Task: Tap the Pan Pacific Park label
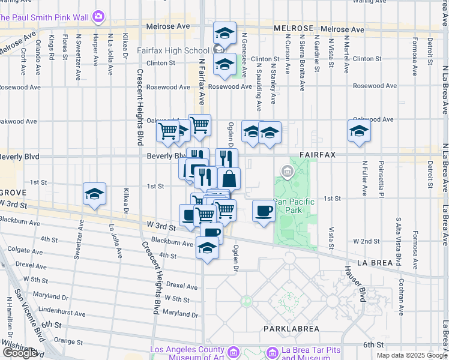(294, 206)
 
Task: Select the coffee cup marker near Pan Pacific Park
(264, 211)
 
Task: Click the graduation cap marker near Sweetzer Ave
(94, 194)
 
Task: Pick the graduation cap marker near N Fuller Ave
(359, 131)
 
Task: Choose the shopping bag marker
(229, 179)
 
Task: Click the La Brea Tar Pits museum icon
(273, 352)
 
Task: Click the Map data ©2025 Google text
(411, 355)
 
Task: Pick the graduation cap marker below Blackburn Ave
(207, 248)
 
